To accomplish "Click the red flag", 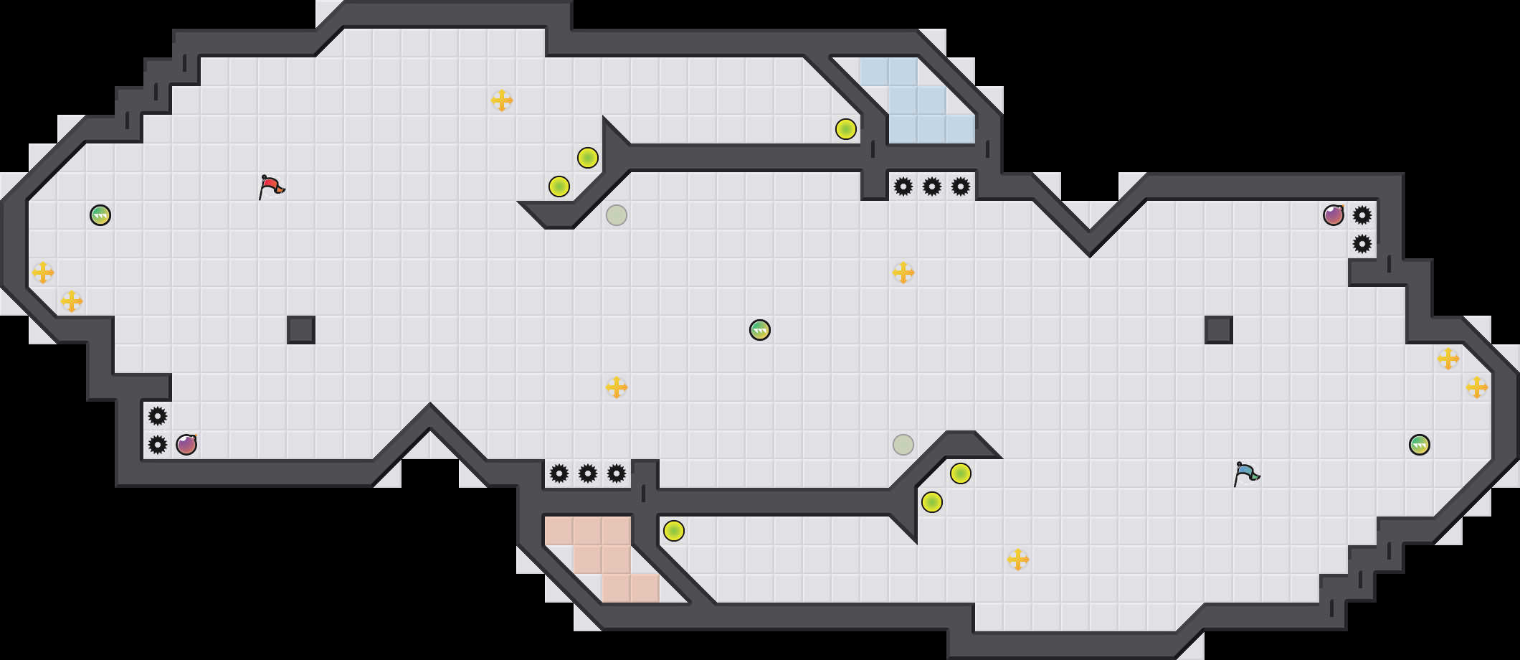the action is [271, 187].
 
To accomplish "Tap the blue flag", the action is [1246, 473].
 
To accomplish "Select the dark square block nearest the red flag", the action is [301, 330].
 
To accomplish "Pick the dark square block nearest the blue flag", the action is [1219, 330].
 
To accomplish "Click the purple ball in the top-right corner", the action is [1334, 215].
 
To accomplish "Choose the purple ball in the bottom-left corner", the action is [186, 445].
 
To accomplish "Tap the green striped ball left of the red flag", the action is [100, 215].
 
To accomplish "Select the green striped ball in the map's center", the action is [760, 330].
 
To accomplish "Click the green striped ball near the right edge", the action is [1420, 445].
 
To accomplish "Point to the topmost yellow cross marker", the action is [502, 100].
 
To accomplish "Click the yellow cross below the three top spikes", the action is [903, 273].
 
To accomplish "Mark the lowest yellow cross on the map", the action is [1018, 560].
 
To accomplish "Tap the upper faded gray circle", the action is [617, 215].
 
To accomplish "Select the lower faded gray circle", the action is [903, 445].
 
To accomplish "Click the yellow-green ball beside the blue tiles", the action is [846, 129].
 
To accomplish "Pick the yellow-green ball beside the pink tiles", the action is [674, 531].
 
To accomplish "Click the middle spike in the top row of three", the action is [932, 187].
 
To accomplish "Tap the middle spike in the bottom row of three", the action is [588, 473].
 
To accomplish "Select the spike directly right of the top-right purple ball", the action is [1362, 215].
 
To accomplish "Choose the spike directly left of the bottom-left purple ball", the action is [158, 445].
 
